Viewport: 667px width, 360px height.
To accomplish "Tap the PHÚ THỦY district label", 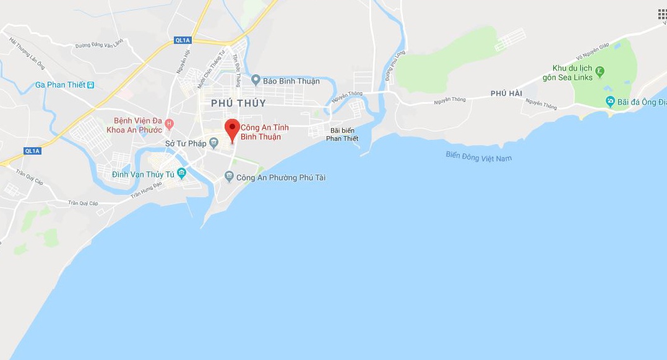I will click(x=238, y=103).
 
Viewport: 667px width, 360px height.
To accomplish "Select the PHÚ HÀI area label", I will click(x=506, y=93).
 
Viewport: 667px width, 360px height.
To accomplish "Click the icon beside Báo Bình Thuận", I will click(x=256, y=80).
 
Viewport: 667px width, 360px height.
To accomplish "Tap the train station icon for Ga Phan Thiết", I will click(x=91, y=85).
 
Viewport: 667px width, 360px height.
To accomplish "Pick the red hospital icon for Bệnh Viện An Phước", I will click(x=169, y=125).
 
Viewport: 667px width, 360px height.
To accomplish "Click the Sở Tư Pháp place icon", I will click(x=214, y=144).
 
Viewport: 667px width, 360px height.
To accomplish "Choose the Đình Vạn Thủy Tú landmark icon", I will click(x=181, y=173).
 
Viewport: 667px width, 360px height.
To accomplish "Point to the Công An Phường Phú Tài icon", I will click(x=230, y=178).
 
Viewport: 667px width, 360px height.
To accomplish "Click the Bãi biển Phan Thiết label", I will click(x=342, y=134).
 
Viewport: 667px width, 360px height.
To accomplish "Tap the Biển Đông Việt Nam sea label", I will click(x=479, y=156).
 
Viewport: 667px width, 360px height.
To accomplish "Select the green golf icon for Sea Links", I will click(x=600, y=72).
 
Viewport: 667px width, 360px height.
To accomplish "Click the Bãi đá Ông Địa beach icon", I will click(x=610, y=101).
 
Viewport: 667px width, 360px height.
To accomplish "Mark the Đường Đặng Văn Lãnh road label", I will click(x=99, y=44).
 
